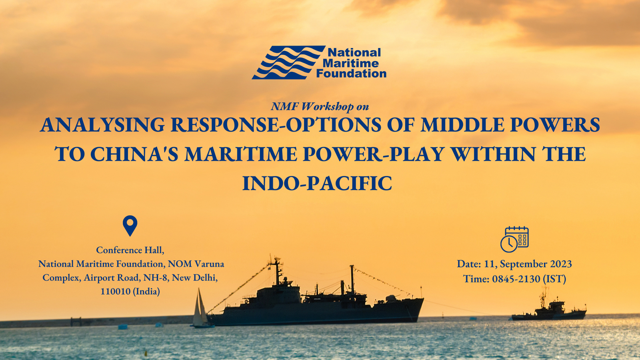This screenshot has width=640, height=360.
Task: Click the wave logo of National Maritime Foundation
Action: pyautogui.click(x=288, y=62)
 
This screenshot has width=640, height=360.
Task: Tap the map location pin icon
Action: pyautogui.click(x=130, y=226)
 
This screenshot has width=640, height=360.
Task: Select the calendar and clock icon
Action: pyautogui.click(x=514, y=240)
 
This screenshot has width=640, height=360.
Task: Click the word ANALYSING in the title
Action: pyautogui.click(x=102, y=125)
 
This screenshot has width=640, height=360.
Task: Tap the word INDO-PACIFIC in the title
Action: pyautogui.click(x=317, y=184)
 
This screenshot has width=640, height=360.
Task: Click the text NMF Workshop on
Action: pyautogui.click(x=320, y=106)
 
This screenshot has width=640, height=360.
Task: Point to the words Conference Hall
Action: pyautogui.click(x=130, y=250)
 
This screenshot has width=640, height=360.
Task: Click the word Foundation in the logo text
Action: pyautogui.click(x=352, y=74)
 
